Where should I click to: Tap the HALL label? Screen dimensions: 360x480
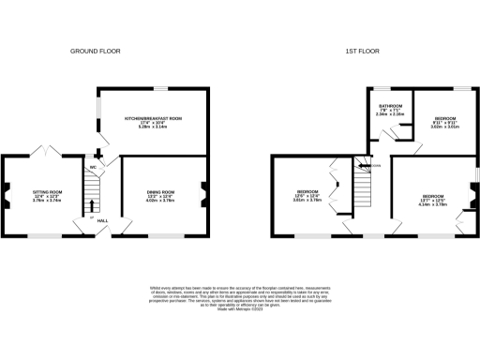coord(103,220)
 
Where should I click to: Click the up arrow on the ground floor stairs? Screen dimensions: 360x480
coord(92,205)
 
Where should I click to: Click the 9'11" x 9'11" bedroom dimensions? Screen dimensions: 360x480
coord(445,123)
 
